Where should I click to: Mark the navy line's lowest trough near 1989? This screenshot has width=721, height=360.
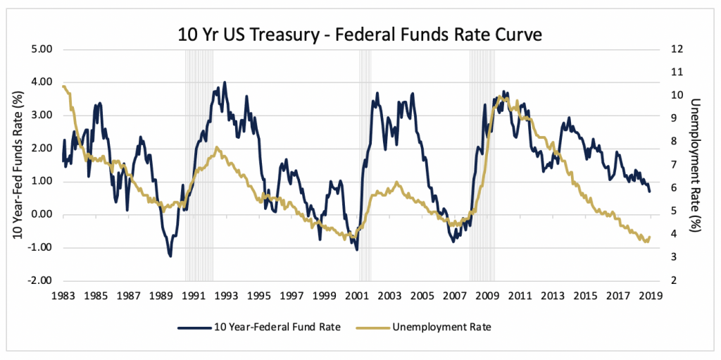click(170, 256)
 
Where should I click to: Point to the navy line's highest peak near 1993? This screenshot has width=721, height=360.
click(225, 82)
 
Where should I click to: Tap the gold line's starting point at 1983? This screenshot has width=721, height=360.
click(63, 87)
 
